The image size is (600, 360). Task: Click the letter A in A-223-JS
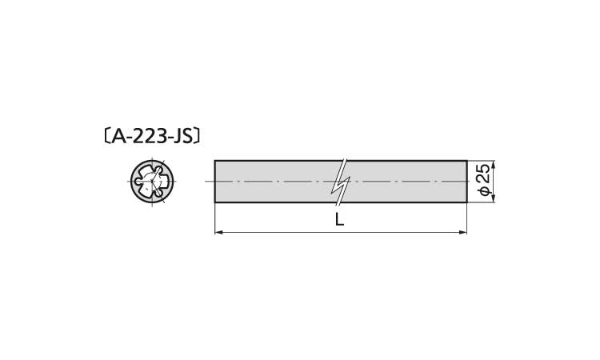[x=118, y=136]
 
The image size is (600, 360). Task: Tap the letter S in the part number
[x=186, y=136]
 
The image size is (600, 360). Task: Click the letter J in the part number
[x=177, y=137]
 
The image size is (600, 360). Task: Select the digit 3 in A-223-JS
[x=161, y=136]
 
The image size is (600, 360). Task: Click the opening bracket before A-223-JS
[x=107, y=136]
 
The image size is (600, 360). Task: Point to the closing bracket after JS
[x=197, y=136]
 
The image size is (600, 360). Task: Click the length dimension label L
[x=339, y=219]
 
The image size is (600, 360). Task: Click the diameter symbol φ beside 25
[x=485, y=191]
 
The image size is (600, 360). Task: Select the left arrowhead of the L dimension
[x=218, y=232]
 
